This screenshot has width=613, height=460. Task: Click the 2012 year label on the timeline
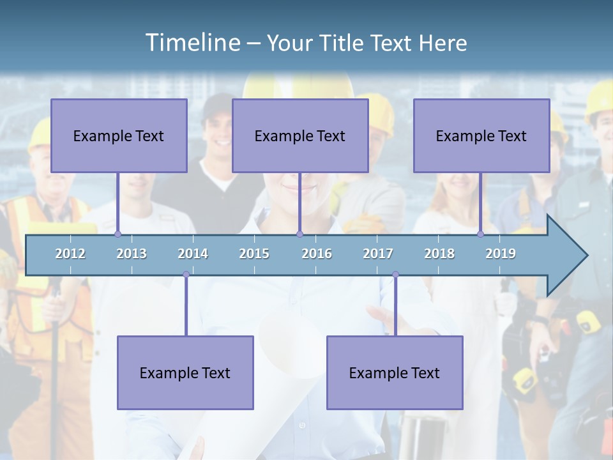tap(70, 254)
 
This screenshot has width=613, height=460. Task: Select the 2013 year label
tap(132, 254)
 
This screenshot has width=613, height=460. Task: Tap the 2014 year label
tap(193, 254)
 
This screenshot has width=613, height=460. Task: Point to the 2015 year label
tap(254, 254)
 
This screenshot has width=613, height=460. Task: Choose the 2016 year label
tap(317, 254)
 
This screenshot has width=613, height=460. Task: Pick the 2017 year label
tap(378, 254)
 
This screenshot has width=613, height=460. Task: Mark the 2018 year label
tap(439, 254)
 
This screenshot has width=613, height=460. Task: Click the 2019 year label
tap(501, 254)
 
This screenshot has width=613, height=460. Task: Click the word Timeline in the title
tap(192, 43)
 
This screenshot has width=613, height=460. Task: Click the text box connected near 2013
tap(119, 135)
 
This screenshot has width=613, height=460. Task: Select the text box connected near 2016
tap(300, 135)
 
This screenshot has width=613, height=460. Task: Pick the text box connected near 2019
tap(481, 135)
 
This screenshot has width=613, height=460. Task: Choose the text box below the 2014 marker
tap(185, 372)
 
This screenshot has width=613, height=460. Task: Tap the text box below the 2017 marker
tap(395, 372)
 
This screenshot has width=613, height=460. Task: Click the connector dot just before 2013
tap(117, 234)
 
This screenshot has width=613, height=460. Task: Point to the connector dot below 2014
tap(186, 275)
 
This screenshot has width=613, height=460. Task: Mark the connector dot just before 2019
tap(481, 234)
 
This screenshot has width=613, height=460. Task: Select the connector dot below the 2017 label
tap(395, 275)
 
